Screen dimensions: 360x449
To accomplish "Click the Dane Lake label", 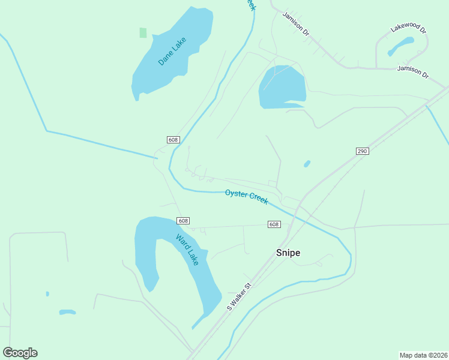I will click(x=173, y=52).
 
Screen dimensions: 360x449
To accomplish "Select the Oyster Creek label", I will click(x=246, y=196).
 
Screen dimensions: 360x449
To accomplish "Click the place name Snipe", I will click(x=288, y=253).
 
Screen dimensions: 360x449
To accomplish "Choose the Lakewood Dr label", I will click(x=408, y=28).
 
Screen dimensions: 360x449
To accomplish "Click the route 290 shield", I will click(x=361, y=151).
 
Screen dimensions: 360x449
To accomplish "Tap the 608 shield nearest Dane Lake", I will click(x=173, y=140).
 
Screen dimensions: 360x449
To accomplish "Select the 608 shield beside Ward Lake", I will click(x=183, y=221).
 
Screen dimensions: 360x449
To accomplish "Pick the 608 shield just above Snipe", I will click(x=274, y=224).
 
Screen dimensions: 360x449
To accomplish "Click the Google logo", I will click(x=20, y=353).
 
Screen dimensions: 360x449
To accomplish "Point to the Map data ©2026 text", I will click(x=423, y=355).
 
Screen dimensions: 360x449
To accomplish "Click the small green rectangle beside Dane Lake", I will click(x=143, y=32).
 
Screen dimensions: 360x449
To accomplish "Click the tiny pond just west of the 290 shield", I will click(x=307, y=164).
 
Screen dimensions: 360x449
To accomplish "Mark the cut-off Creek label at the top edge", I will click(x=251, y=5).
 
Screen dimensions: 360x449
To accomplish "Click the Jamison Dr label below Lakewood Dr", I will click(x=413, y=72).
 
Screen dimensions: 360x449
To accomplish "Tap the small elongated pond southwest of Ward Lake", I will click(x=67, y=312).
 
